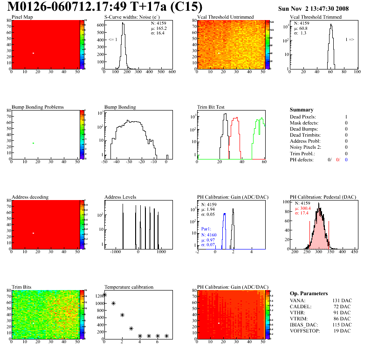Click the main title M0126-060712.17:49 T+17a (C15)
click(105, 7)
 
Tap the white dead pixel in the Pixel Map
click(33, 53)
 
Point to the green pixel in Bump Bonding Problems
click(33, 143)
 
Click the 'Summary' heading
click(302, 110)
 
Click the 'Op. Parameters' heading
click(309, 293)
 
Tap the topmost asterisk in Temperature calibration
click(104, 295)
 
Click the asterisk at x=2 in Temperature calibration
click(122, 315)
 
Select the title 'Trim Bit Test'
click(211, 107)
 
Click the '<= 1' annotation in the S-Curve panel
click(112, 40)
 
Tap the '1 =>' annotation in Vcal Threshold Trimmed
click(350, 40)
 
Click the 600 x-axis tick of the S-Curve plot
click(172, 72)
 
